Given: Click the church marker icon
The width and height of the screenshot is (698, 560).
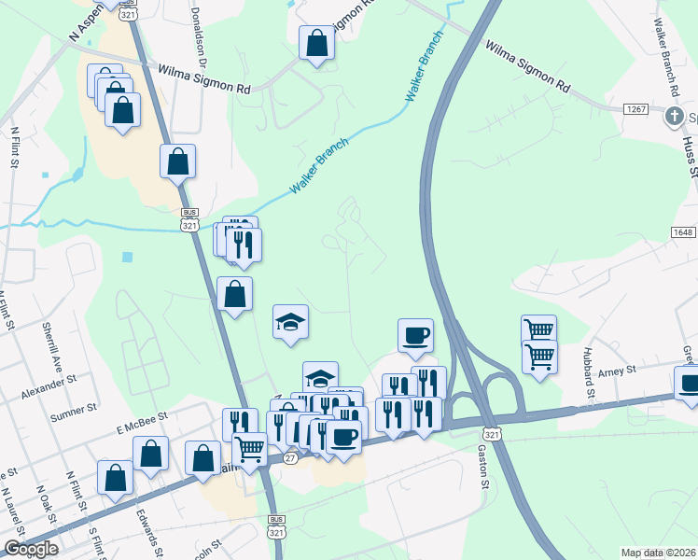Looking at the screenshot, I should (674, 118).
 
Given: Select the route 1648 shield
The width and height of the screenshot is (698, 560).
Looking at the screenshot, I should (682, 231).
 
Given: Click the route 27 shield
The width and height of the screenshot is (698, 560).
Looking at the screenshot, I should (290, 458).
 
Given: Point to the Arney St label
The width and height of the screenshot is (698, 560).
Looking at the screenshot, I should (618, 371).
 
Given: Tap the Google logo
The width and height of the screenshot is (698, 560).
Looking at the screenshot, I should (31, 549).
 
